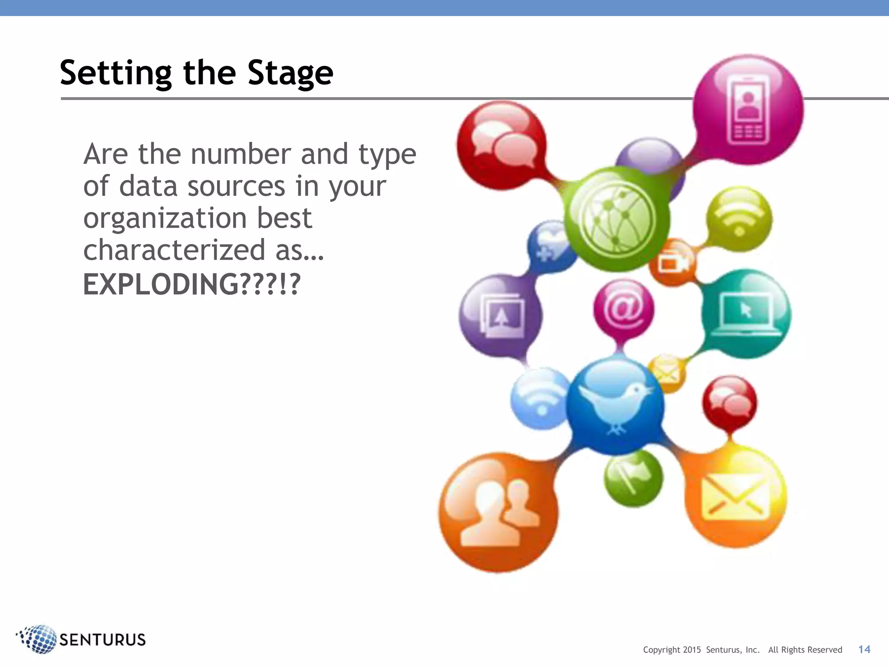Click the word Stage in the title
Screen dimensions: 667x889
pos(290,73)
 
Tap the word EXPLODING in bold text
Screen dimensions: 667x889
pos(161,284)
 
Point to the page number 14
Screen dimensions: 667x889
pos(864,649)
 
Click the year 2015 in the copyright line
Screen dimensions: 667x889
pos(692,650)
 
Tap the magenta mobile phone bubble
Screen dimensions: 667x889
pos(748,109)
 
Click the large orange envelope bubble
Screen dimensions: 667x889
pos(734,496)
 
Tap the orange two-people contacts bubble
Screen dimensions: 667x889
pos(498,512)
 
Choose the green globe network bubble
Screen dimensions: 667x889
pos(616,219)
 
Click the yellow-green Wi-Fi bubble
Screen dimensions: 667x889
pos(739,218)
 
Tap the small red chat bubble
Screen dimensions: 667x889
pos(729,403)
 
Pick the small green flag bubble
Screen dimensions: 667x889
pos(633,478)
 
